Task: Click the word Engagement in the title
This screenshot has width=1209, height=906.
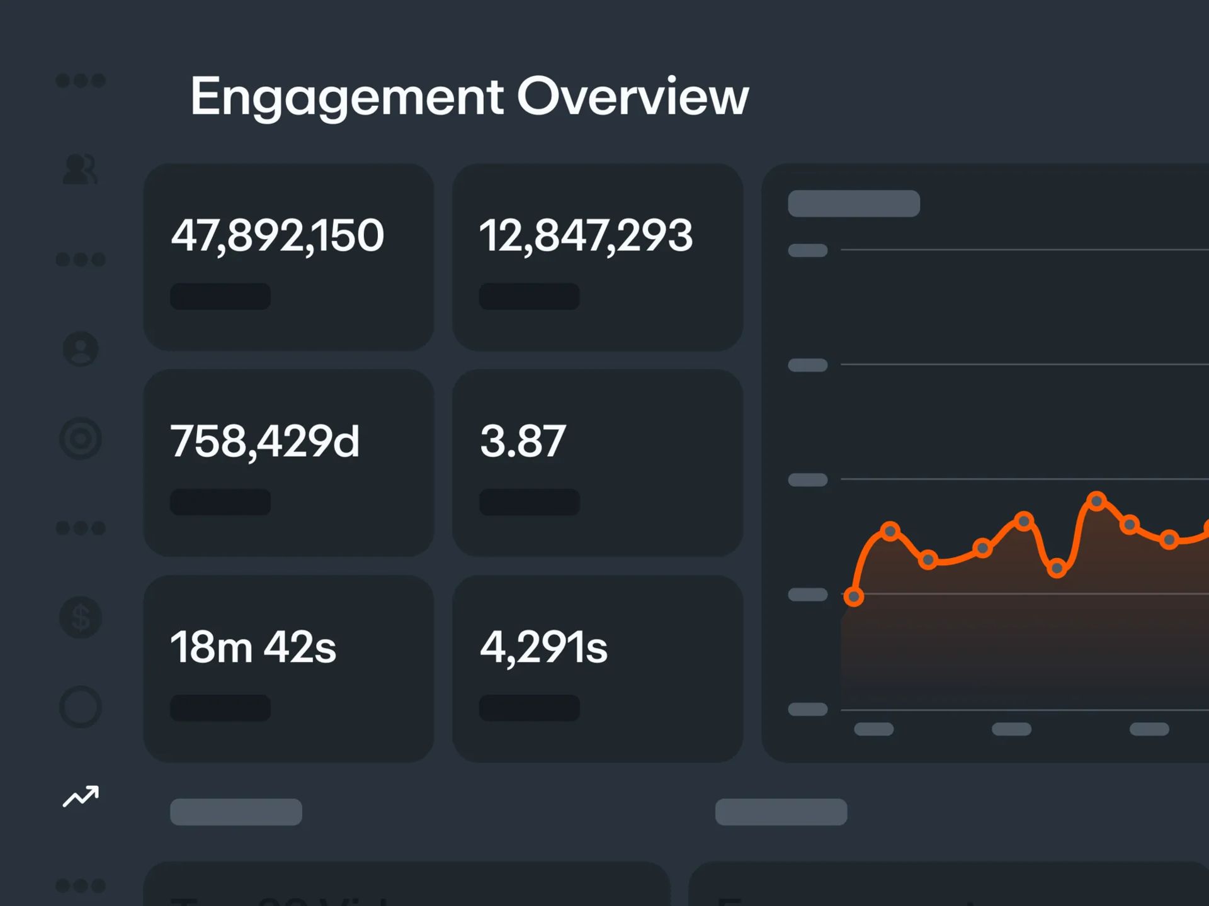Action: coord(346,98)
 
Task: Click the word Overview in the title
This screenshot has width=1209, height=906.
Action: coord(633,98)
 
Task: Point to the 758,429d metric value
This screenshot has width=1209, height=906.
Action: coord(264,441)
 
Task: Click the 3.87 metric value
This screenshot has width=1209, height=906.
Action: coord(523,441)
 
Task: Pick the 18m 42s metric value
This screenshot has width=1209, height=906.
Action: coord(253,647)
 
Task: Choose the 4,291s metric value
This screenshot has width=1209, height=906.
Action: coord(543,647)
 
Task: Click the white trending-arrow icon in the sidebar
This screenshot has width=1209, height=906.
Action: coord(81,797)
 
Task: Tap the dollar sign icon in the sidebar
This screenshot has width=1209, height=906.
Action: coord(81,617)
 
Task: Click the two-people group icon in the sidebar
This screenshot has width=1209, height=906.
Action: coord(81,169)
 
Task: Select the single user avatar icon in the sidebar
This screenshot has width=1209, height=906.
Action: coord(81,349)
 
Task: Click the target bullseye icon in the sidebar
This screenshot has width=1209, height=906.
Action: coord(81,438)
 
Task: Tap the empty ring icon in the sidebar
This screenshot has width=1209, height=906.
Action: coord(81,707)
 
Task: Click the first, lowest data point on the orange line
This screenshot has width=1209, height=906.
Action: coord(854,596)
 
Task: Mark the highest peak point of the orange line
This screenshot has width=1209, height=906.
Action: coord(1097,501)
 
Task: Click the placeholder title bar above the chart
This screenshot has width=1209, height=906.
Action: coord(853,203)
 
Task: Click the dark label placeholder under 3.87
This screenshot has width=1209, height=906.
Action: coord(529,502)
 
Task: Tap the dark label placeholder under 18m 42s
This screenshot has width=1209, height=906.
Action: coord(220,708)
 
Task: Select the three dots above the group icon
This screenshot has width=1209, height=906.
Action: coord(81,81)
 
